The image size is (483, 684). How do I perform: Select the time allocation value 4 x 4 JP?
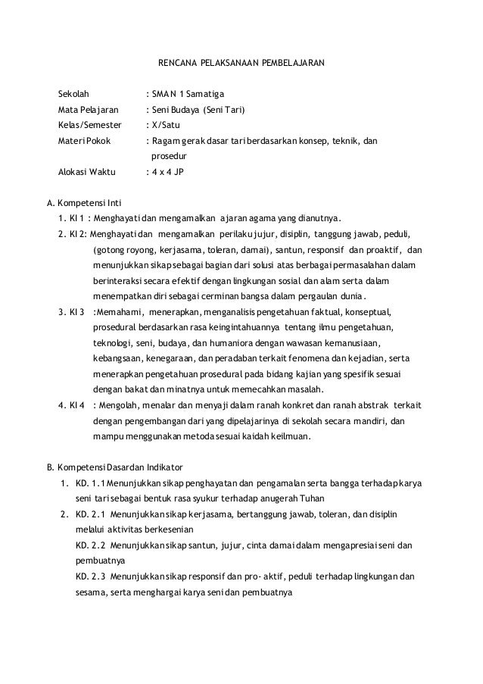click(167, 172)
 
